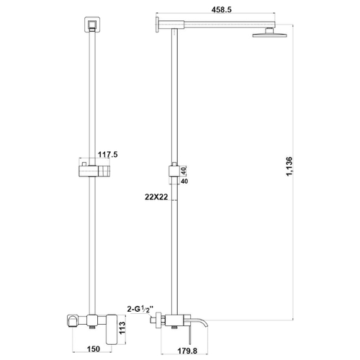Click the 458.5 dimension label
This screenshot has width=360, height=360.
[x=222, y=10]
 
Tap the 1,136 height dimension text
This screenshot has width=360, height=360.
[x=289, y=166]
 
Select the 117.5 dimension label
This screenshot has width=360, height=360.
[x=107, y=154]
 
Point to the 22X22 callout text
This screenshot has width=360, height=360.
[x=156, y=197]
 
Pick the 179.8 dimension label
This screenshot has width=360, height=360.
[x=187, y=351]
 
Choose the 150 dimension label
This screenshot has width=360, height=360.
[x=93, y=348]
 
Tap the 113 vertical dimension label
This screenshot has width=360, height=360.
[x=122, y=329]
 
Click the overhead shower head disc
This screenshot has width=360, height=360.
[x=270, y=35]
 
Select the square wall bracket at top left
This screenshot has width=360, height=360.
[x=92, y=24]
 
